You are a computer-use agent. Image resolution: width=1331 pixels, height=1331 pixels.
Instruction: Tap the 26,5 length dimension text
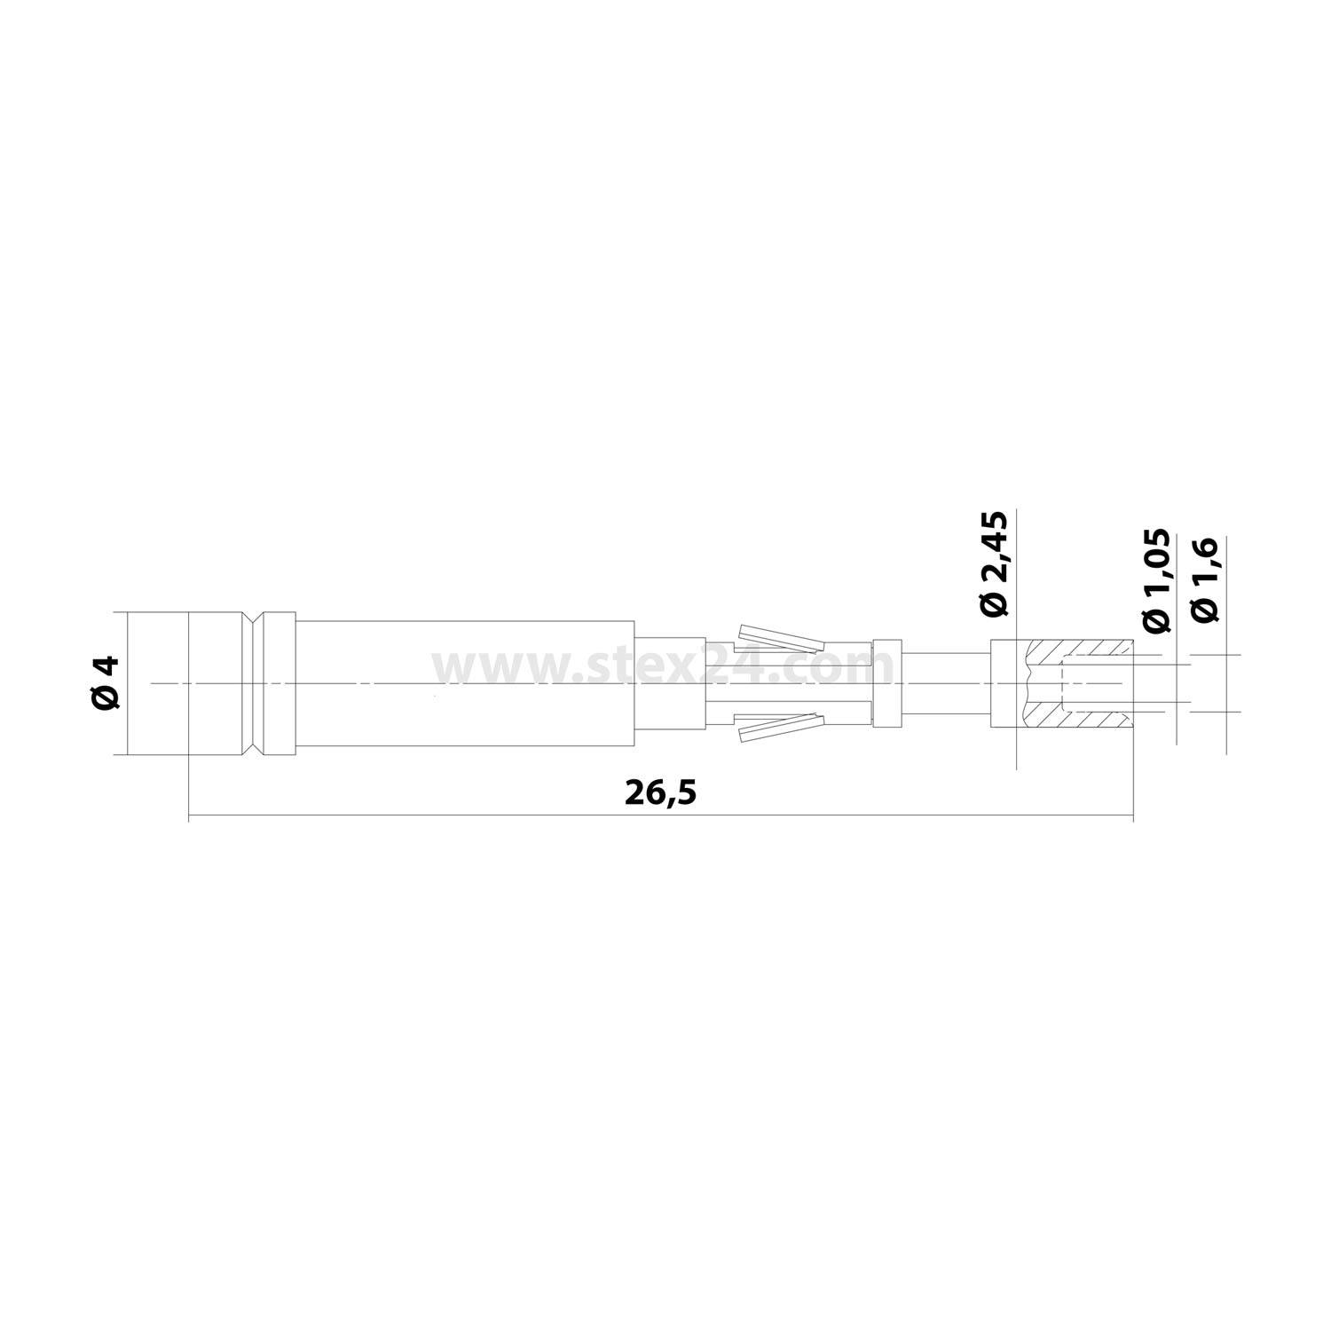tap(661, 792)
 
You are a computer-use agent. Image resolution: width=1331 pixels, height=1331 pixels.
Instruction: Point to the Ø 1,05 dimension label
tap(1156, 581)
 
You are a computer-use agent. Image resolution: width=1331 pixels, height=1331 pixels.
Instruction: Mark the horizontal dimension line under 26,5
tap(444, 815)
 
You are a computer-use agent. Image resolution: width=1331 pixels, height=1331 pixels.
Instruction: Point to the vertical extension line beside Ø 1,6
tap(1226, 621)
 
